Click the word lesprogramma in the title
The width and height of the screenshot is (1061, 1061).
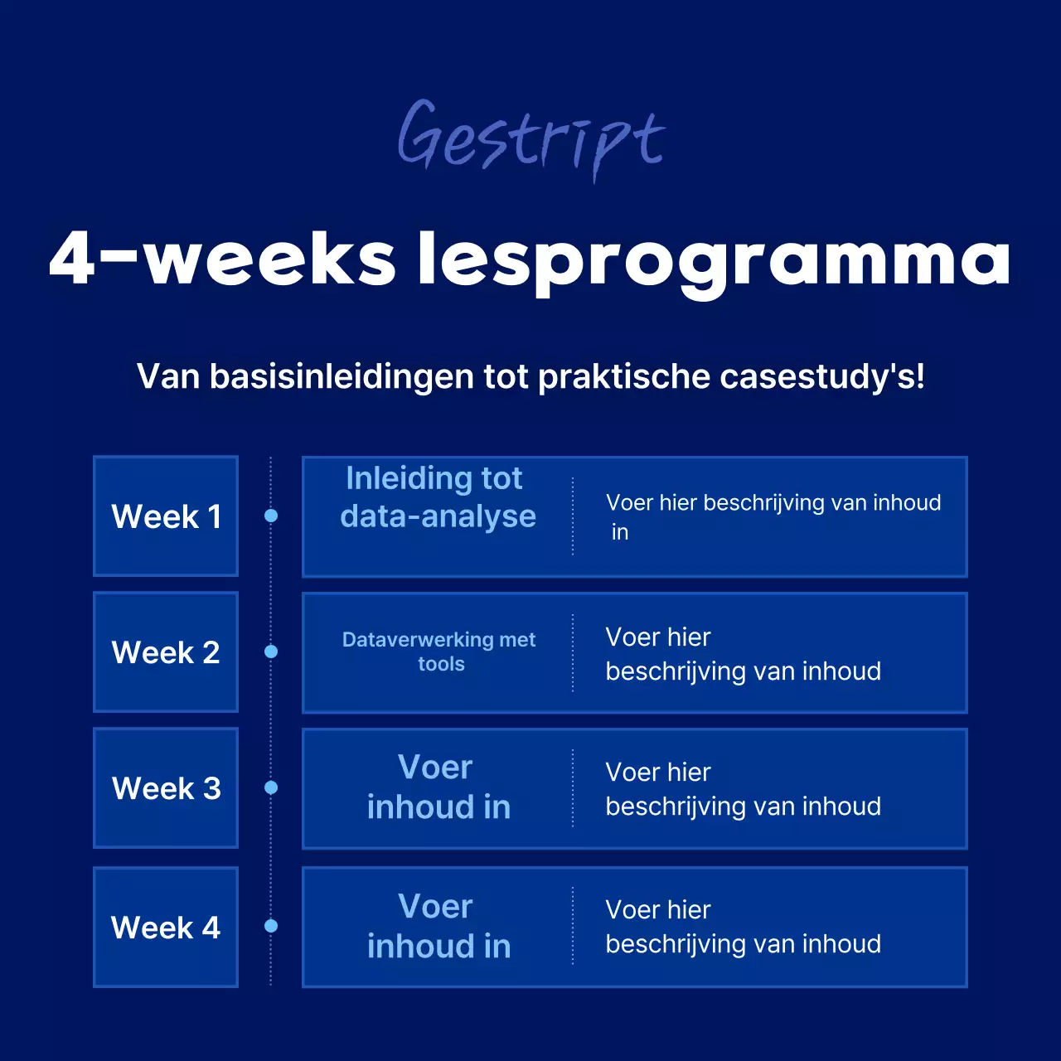tap(713, 259)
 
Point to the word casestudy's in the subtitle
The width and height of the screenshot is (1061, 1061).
tap(821, 376)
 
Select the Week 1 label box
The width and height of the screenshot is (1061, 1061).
tap(166, 516)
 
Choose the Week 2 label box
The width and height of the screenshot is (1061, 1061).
tap(166, 652)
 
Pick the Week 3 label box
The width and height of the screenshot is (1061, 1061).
tap(166, 788)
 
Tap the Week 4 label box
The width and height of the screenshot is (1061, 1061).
tap(166, 927)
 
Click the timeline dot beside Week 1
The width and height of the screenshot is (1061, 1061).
tap(271, 516)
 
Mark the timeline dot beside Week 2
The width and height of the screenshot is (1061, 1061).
tap(271, 652)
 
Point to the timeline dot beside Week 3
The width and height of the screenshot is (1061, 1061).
tap(271, 787)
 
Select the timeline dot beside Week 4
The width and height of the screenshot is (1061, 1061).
tap(271, 926)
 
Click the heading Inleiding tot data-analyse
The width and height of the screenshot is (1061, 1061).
tap(438, 497)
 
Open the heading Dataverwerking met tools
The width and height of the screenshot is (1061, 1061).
tap(439, 652)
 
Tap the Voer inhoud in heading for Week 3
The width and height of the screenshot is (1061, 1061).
tap(438, 787)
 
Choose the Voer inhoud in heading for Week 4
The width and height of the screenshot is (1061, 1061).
tap(438, 926)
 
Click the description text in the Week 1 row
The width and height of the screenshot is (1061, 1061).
tap(773, 516)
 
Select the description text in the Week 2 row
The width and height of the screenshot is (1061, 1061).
tap(743, 654)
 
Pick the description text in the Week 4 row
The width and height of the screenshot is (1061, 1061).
tap(743, 927)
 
